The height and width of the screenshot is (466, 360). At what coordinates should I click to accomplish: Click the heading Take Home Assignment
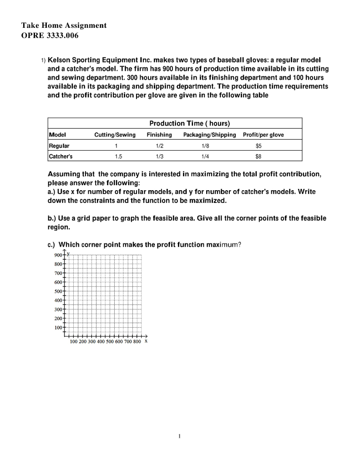pos(64,25)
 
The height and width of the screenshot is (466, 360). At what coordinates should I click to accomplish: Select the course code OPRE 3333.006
pos(50,36)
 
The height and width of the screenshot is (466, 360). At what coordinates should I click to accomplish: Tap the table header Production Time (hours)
pos(190,123)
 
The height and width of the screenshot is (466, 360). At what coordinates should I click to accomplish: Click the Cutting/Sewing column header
pos(115,135)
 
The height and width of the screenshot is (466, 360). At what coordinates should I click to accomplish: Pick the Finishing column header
pos(159,135)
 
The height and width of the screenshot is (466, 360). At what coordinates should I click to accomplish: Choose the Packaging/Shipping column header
pos(209,135)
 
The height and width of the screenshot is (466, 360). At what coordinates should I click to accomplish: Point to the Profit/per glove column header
pos(264,135)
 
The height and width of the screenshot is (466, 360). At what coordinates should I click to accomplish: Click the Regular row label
pos(59,146)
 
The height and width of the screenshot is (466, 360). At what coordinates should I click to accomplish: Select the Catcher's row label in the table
pos(61,156)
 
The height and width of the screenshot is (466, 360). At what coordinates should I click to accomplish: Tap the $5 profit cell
pos(259,146)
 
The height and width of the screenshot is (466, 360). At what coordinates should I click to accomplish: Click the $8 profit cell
pos(259,156)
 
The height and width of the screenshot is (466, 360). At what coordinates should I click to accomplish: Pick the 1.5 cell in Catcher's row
pos(117,156)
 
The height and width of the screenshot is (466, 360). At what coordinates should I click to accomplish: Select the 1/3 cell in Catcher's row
pos(159,156)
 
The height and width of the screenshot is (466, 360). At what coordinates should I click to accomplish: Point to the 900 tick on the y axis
pos(58,255)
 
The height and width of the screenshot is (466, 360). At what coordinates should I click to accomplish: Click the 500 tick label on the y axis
pos(58,291)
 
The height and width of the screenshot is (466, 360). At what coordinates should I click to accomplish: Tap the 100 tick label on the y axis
pos(58,327)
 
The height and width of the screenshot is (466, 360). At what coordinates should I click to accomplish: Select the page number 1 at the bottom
pos(180,436)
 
